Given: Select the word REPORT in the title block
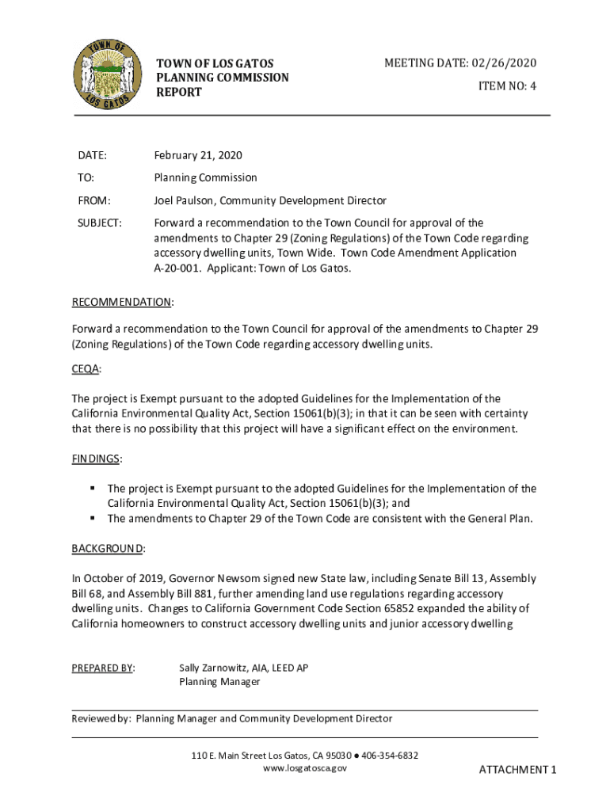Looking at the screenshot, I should (179, 93).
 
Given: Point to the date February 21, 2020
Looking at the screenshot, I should (198, 155).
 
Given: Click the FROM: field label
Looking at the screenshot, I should (93, 201).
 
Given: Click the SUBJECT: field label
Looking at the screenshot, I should (100, 223).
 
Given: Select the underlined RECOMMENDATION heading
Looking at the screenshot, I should (121, 303).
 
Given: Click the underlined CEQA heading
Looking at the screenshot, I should (86, 369).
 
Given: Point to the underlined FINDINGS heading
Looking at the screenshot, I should (96, 459).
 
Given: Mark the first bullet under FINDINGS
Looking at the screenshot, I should (93, 489).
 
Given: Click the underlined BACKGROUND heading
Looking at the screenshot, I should (107, 549).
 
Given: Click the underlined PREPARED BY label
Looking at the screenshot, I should (102, 668).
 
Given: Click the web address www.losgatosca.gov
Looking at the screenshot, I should (305, 768).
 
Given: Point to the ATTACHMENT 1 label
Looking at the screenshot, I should (518, 770).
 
